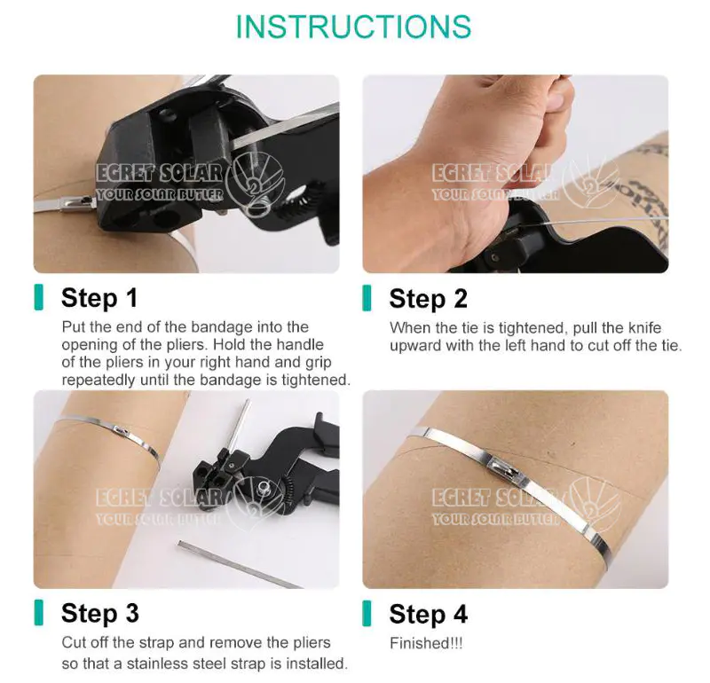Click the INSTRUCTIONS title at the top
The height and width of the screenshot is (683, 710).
tap(353, 27)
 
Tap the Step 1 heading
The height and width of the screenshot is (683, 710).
tap(99, 298)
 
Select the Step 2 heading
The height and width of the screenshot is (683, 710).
tap(428, 299)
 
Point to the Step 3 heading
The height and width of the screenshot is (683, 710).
tap(99, 614)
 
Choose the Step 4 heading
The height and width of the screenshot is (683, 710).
tap(428, 615)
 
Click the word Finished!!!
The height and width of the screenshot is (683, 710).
tap(426, 643)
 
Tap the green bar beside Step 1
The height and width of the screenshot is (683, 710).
tap(39, 297)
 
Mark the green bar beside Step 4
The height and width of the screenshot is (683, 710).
tap(367, 613)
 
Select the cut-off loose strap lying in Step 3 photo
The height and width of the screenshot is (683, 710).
tap(239, 563)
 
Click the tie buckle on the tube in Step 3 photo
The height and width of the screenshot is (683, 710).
tap(120, 429)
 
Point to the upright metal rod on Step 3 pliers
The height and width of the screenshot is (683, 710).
tap(239, 426)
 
